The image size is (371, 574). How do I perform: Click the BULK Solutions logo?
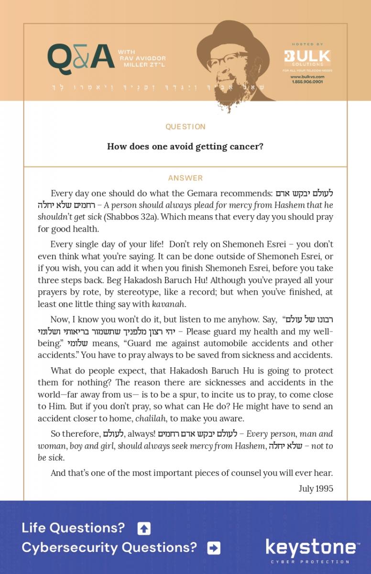click(x=307, y=57)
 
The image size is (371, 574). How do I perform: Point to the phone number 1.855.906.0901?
click(x=307, y=82)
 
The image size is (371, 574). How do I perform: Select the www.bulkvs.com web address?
click(x=307, y=77)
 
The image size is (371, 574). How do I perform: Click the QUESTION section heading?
click(x=185, y=127)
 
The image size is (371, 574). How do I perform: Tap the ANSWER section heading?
click(x=185, y=178)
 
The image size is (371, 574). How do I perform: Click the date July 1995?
click(x=316, y=488)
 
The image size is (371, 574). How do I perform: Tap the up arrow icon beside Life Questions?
click(x=144, y=529)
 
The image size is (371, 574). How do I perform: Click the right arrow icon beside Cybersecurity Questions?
click(x=214, y=548)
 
